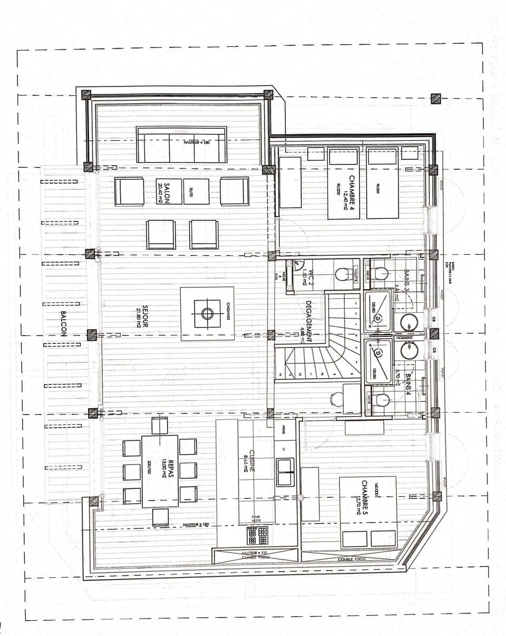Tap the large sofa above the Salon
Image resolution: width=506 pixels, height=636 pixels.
click(x=181, y=144)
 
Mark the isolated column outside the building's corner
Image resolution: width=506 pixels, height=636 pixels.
click(x=435, y=99)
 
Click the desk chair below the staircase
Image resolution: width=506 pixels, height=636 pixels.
click(x=335, y=399)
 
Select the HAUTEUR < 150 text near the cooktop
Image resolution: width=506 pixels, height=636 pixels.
click(x=257, y=552)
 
